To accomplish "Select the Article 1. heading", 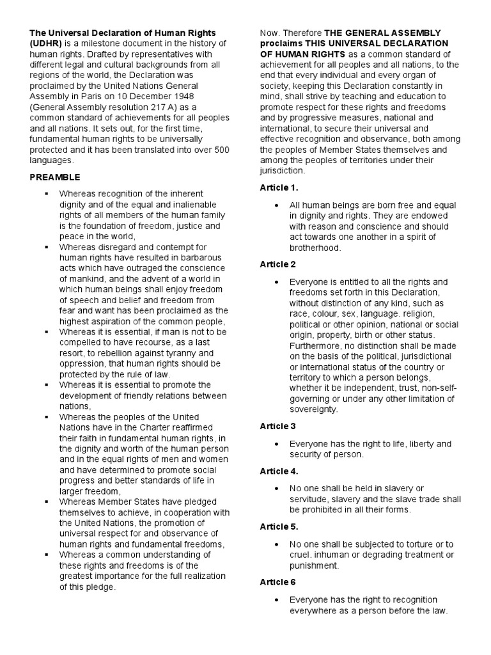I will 280,187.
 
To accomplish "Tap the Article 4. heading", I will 280,471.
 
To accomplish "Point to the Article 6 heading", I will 279,582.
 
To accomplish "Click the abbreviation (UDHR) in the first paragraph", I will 43,43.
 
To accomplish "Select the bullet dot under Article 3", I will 276,444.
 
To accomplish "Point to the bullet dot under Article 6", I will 276,600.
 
